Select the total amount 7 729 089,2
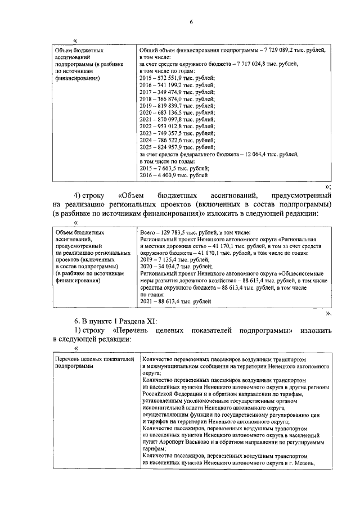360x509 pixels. click(x=286, y=51)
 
